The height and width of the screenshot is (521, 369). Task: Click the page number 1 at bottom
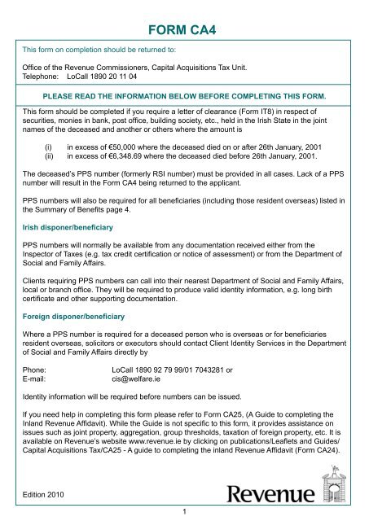click(185, 512)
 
